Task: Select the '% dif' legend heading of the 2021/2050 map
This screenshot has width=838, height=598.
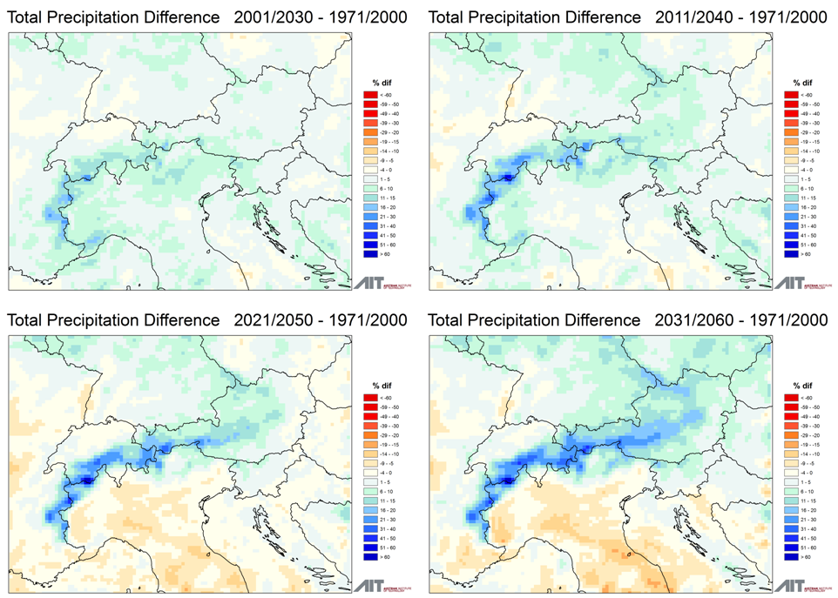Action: click(x=376, y=385)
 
